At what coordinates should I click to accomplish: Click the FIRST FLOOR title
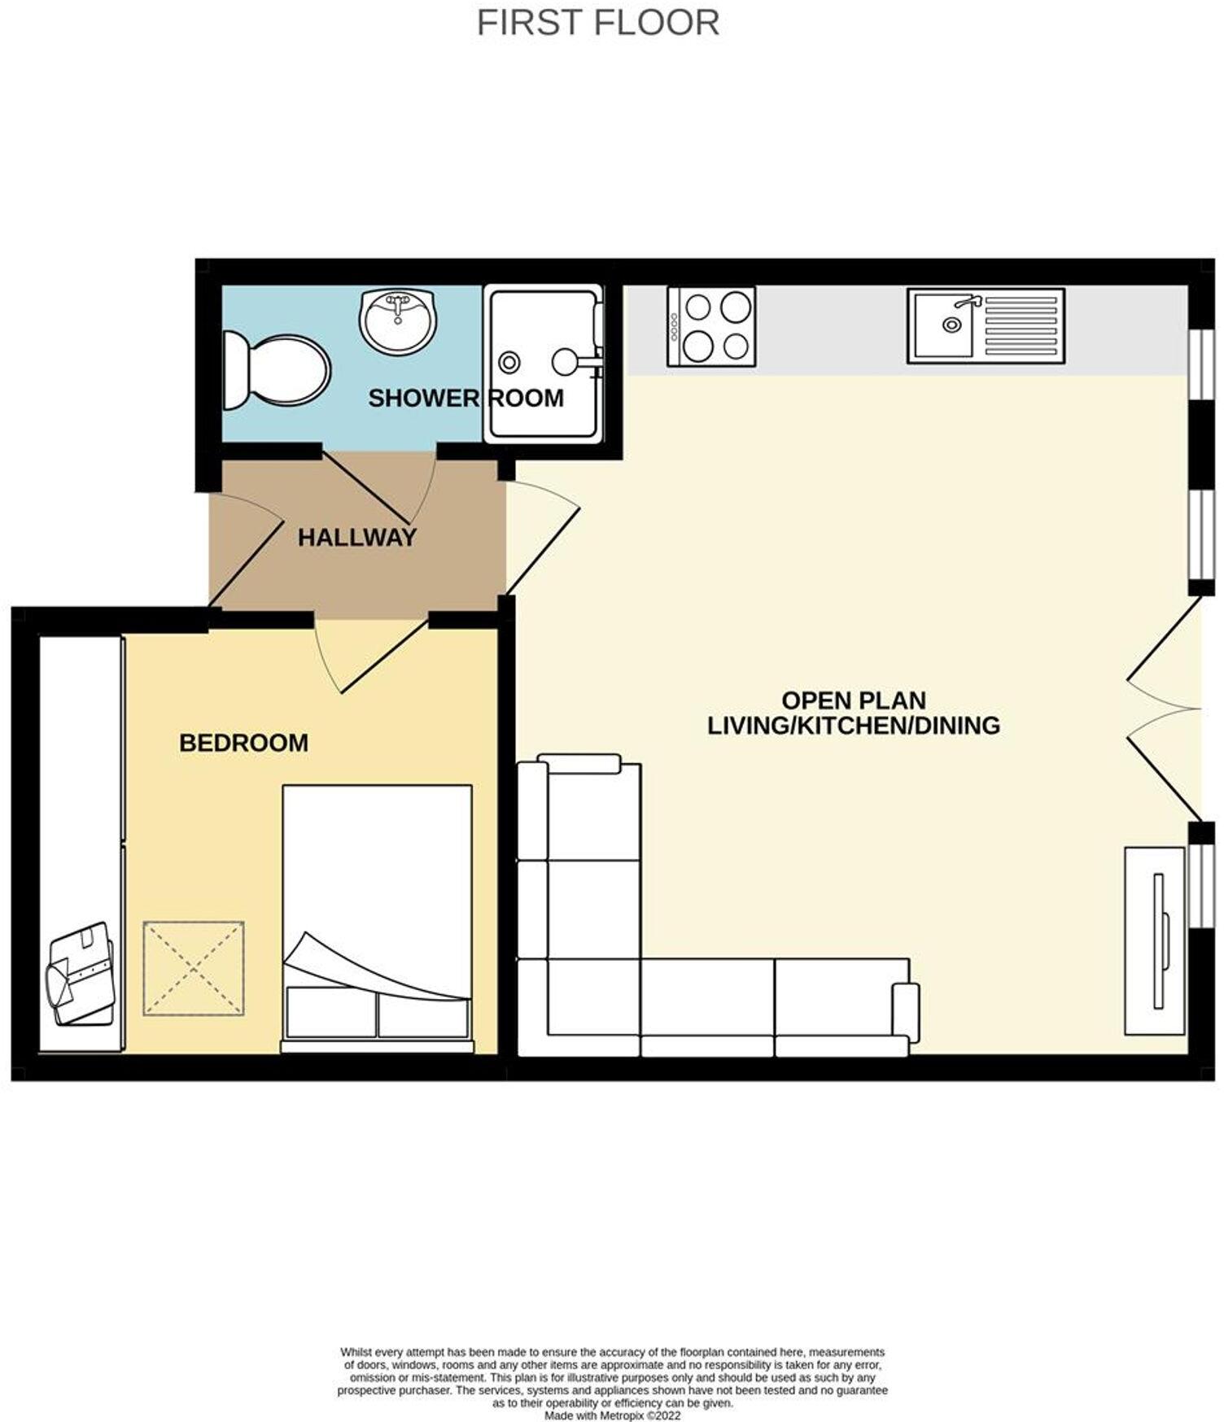597,22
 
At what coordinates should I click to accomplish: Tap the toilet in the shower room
278,370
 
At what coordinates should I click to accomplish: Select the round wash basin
398,321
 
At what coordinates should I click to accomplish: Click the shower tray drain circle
509,362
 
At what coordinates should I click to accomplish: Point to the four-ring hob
711,326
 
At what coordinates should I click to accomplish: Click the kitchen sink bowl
942,325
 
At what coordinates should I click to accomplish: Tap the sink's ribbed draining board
1022,325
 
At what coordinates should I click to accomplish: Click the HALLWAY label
356,538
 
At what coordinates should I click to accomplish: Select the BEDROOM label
243,743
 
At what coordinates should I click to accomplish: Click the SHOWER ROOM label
466,398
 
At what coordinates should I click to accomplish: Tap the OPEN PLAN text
853,700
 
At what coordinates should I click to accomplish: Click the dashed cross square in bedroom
194,968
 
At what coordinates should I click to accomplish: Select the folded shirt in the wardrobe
81,973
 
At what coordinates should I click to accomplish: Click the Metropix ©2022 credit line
612,1416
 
